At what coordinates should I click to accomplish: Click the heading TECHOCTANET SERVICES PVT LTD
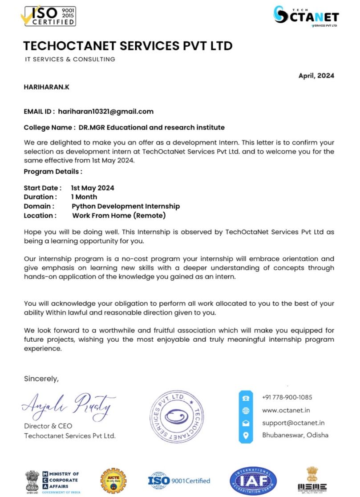[128, 46]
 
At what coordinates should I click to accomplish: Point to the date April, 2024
[316, 76]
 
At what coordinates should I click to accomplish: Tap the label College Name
[49, 128]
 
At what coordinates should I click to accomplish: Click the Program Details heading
[53, 171]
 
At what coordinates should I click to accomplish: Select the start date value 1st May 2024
[93, 188]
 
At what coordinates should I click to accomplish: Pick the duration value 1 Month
[84, 197]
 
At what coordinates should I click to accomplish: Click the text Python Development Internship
[125, 206]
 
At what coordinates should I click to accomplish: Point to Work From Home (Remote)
[119, 215]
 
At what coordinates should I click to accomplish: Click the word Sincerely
[41, 379]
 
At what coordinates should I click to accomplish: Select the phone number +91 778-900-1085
[287, 397]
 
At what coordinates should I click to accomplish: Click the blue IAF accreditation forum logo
[253, 481]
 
